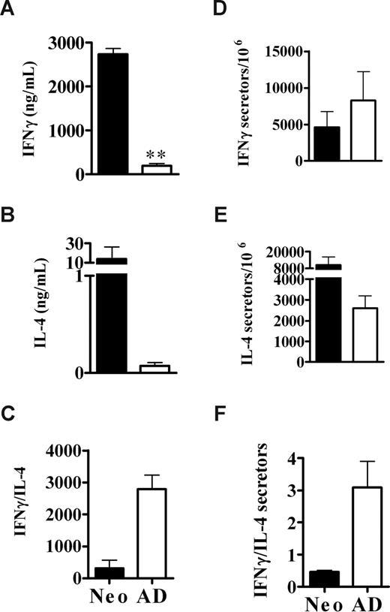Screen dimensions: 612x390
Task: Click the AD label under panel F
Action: [x=340, y=597]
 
